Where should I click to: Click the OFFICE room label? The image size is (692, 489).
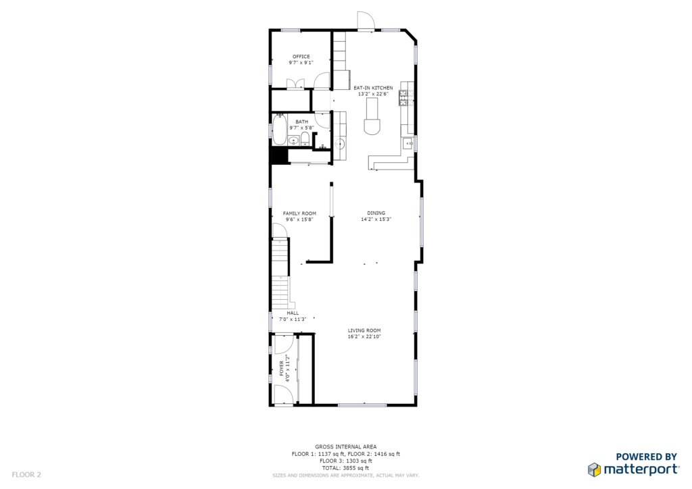[301, 57]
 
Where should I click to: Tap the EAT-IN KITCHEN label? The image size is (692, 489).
[373, 88]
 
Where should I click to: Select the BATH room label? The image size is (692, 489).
[302, 122]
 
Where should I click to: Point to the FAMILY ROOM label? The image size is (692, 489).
[299, 213]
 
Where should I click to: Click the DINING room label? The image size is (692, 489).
[376, 213]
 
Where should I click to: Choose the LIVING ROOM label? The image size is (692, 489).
[364, 330]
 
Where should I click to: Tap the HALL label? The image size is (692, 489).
[293, 313]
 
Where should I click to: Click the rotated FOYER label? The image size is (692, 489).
[282, 368]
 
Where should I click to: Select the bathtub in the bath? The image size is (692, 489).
[279, 129]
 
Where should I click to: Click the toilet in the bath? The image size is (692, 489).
[305, 138]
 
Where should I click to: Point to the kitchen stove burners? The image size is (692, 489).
[403, 98]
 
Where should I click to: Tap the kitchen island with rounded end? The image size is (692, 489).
[372, 116]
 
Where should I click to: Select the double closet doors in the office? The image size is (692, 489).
[295, 84]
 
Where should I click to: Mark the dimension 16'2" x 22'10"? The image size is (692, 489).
[364, 336]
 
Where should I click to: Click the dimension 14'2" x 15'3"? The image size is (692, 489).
[376, 219]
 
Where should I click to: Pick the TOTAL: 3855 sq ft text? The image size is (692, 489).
[345, 468]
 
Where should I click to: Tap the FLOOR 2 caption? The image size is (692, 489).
[26, 475]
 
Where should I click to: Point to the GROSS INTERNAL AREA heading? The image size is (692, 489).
[346, 446]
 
